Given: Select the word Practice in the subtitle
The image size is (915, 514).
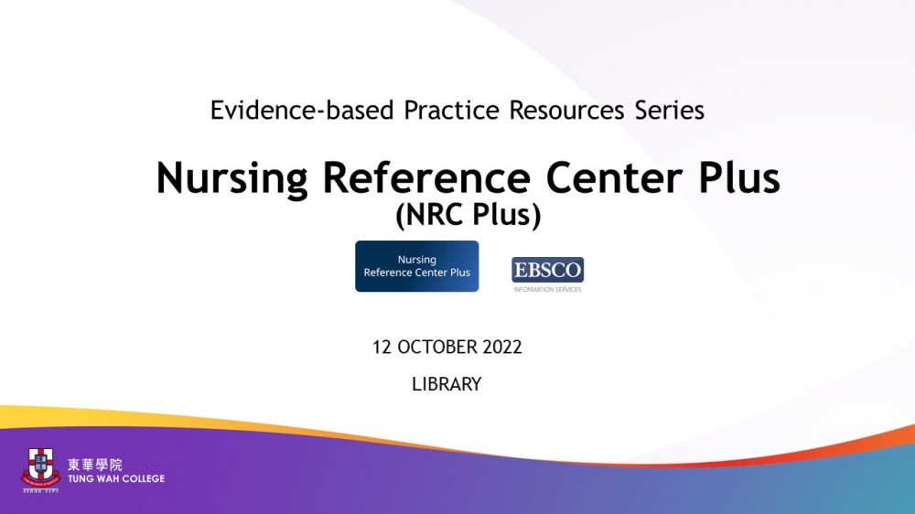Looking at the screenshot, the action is (451, 111).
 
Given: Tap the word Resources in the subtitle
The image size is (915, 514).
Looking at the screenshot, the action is (566, 111).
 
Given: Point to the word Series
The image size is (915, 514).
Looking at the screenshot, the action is (670, 111).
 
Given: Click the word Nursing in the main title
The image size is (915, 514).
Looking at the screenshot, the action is (232, 179).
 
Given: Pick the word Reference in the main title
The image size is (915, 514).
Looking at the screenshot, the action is (426, 177).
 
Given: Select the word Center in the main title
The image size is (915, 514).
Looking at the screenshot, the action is (614, 177).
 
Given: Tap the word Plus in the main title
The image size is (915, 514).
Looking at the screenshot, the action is (738, 177).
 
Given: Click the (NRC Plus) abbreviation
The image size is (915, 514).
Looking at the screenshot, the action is (468, 215).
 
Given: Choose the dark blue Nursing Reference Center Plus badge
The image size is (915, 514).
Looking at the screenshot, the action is (416, 266).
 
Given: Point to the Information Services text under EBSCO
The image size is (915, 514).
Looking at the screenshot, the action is (547, 289).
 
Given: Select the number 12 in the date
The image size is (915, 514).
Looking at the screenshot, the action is (382, 348).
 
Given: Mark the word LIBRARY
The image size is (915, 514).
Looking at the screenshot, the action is (447, 384).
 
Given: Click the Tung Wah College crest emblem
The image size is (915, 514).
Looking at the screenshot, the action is (41, 468).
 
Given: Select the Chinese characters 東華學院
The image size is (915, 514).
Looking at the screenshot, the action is (95, 465).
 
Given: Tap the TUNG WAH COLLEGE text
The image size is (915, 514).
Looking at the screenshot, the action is (116, 479).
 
